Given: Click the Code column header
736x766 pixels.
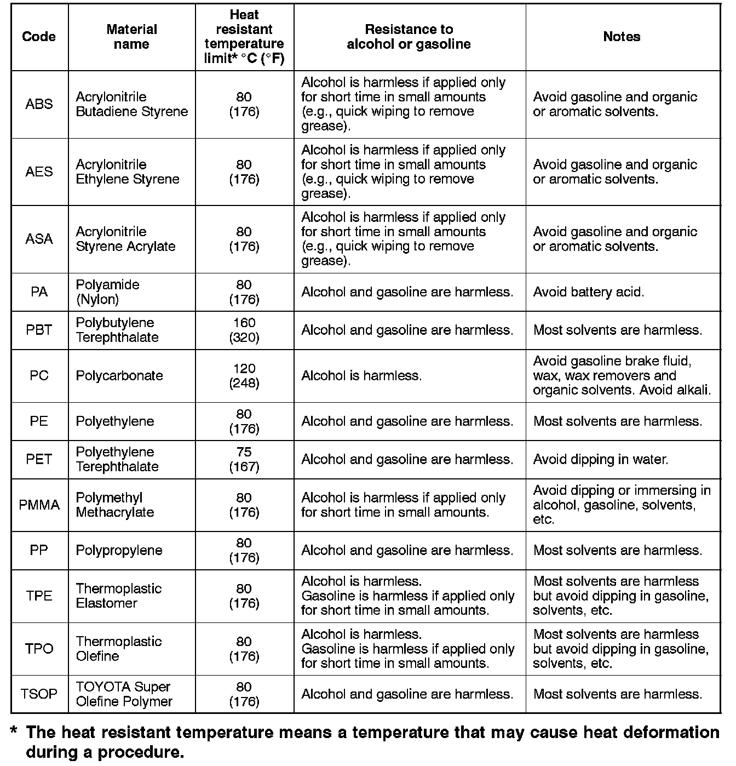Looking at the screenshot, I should pos(39,37).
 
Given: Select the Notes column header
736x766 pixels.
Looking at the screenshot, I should pos(622,37).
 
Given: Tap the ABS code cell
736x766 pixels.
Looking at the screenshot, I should pos(39,104).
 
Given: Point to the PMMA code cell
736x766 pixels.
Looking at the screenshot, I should pos(39,505).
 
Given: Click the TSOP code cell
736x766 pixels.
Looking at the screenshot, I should pos(39,694).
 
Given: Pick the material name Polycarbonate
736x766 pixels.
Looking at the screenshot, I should pos(119,376).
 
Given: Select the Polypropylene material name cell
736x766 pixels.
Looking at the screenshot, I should pos(119,550).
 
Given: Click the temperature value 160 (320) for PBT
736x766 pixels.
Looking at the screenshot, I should pos(244,330).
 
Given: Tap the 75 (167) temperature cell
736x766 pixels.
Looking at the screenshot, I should pos(244,459).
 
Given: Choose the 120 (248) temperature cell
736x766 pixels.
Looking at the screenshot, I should pos(244,376).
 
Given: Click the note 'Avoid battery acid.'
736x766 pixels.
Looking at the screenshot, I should pos(588,292).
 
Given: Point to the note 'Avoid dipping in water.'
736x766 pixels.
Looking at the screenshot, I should pos(600,459).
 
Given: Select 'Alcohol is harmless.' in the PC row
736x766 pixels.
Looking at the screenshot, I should pos(361,376).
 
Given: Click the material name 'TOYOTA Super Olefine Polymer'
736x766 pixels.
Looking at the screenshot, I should pos(124,694).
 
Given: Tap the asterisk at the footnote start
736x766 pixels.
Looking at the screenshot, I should pos(14,732).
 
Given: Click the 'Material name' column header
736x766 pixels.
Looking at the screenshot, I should pos(131,37).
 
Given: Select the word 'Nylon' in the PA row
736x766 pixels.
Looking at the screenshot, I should pos(97,299).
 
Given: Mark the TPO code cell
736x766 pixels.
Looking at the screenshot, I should pos(39,649).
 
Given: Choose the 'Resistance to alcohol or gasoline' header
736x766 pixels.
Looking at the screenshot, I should pos(409,37).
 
